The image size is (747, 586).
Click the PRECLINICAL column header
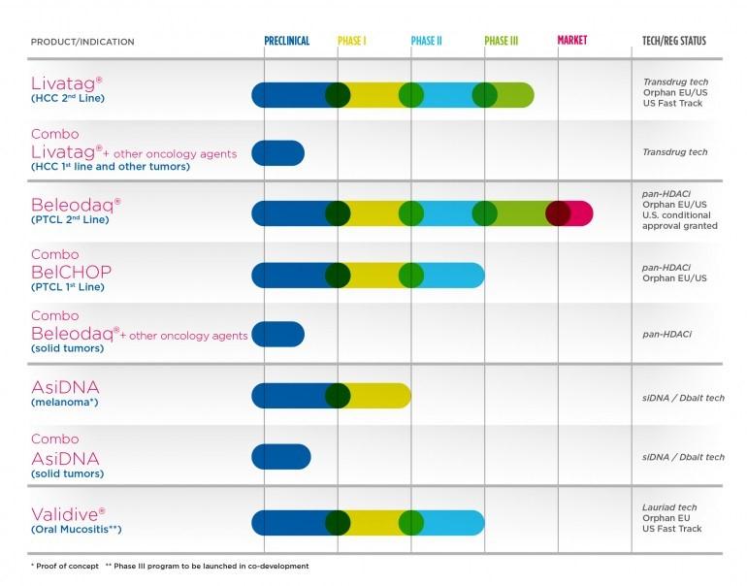pyautogui.click(x=287, y=42)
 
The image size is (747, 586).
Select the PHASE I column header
pyautogui.click(x=352, y=42)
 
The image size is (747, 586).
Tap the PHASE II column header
pyautogui.click(x=426, y=42)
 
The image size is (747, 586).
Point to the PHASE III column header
pyautogui.click(x=502, y=42)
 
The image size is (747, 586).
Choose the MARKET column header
pyautogui.click(x=572, y=42)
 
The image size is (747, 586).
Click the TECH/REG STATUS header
pyautogui.click(x=674, y=42)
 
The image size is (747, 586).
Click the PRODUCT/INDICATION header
pyautogui.click(x=82, y=42)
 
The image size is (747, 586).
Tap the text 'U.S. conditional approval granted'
pyautogui.click(x=680, y=220)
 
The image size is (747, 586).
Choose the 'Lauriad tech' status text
pyautogui.click(x=670, y=507)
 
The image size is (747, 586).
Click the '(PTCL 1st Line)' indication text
pyautogui.click(x=67, y=287)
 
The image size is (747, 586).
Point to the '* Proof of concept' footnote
pyautogui.click(x=64, y=567)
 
